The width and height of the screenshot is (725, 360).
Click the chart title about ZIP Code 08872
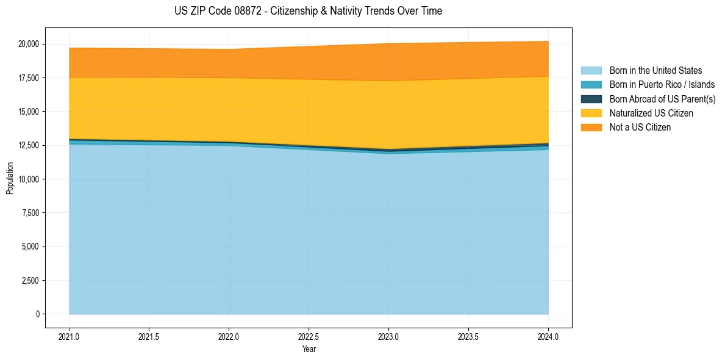click(x=308, y=11)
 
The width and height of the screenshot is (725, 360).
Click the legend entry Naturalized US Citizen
click(x=651, y=113)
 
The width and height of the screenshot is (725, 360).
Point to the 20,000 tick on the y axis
click(x=29, y=44)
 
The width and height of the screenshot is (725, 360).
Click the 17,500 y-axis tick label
click(x=29, y=78)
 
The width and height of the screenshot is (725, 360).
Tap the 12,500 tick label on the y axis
click(x=29, y=145)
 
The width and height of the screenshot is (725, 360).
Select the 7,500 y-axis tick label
click(x=30, y=213)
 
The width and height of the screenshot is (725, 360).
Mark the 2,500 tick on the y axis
click(x=30, y=281)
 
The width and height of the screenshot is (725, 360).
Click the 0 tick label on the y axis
click(x=37, y=314)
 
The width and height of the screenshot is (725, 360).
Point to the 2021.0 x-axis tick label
click(x=69, y=336)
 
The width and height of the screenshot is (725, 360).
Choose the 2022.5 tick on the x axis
click(x=309, y=336)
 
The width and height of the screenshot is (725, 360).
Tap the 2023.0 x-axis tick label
click(x=388, y=336)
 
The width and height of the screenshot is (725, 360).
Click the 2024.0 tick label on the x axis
click(x=548, y=336)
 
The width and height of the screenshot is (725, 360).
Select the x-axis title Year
click(x=309, y=349)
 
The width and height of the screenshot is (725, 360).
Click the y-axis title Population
click(x=10, y=178)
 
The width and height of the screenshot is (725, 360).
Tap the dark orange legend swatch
click(x=591, y=128)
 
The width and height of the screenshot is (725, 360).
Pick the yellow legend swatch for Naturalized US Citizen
click(x=591, y=113)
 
